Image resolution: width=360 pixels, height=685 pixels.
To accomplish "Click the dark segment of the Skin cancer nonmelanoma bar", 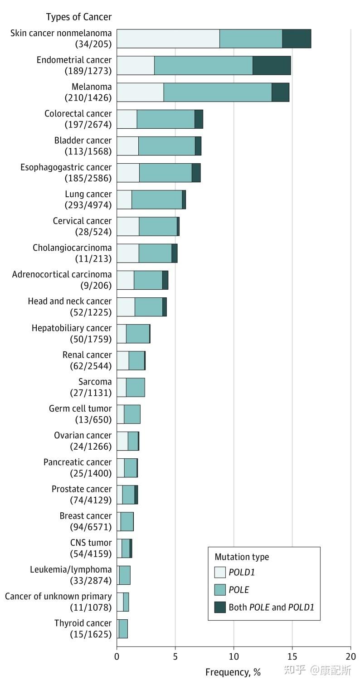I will (x=297, y=39).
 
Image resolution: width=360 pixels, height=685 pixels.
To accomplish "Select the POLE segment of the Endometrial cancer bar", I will (x=203, y=65).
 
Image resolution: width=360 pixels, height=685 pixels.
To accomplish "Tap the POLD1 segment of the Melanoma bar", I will (x=140, y=92).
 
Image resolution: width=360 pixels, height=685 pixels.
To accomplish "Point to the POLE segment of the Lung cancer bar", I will (x=156, y=199).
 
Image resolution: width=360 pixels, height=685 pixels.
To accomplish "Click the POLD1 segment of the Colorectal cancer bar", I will (x=126, y=119).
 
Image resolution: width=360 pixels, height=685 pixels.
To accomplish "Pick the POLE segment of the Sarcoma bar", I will (x=135, y=387).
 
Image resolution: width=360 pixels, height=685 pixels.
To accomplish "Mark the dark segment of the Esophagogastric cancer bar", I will (x=196, y=173).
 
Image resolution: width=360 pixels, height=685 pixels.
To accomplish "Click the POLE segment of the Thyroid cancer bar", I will (x=123, y=629).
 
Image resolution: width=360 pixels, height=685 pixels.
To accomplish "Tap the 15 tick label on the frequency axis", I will (x=292, y=656).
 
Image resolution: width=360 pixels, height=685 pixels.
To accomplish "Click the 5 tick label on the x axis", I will (x=175, y=656).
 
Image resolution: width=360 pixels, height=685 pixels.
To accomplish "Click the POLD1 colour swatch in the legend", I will (x=220, y=572).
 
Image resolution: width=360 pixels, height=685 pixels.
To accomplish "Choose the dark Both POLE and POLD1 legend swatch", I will (x=220, y=607).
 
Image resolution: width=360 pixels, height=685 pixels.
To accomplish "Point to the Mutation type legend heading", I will (x=242, y=557).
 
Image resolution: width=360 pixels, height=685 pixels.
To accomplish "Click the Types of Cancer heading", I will (x=79, y=17).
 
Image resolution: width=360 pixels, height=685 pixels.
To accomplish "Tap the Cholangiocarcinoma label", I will (x=72, y=248).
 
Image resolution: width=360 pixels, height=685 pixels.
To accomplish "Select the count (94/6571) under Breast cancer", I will (x=91, y=527).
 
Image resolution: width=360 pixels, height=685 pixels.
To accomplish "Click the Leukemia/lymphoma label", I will (x=71, y=569).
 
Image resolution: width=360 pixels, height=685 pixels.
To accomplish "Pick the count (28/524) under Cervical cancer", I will (x=93, y=232).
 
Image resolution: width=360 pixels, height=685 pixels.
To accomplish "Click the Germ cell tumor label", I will (x=80, y=408).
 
